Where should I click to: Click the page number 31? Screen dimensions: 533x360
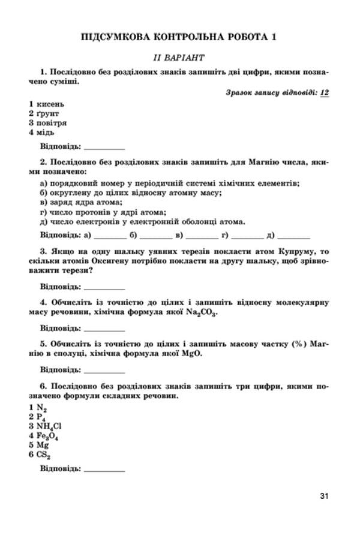(x=325, y=496)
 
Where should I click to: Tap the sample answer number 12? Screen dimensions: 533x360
(x=326, y=92)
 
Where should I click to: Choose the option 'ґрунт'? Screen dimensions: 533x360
(x=49, y=113)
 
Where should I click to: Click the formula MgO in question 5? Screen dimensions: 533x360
(x=191, y=354)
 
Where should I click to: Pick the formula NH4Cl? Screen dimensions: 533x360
(x=49, y=426)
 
